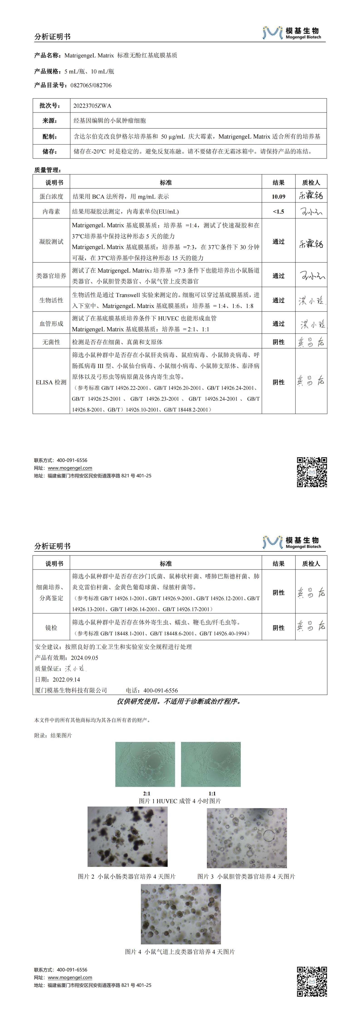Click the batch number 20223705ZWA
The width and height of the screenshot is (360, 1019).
coord(92,106)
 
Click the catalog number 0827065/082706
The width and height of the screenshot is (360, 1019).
coord(91,85)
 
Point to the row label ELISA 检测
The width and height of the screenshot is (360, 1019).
coord(51,382)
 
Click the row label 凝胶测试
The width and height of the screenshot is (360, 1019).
coord(51,241)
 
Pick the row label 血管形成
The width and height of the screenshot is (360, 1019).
coord(51,324)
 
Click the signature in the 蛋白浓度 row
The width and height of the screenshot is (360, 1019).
coord(311,196)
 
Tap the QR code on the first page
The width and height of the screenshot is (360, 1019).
coord(312,472)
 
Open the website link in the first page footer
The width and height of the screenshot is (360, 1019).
coord(70,468)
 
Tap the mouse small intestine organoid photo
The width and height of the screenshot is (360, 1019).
coord(127,837)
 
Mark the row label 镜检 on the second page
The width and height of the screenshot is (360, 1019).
coord(51,628)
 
